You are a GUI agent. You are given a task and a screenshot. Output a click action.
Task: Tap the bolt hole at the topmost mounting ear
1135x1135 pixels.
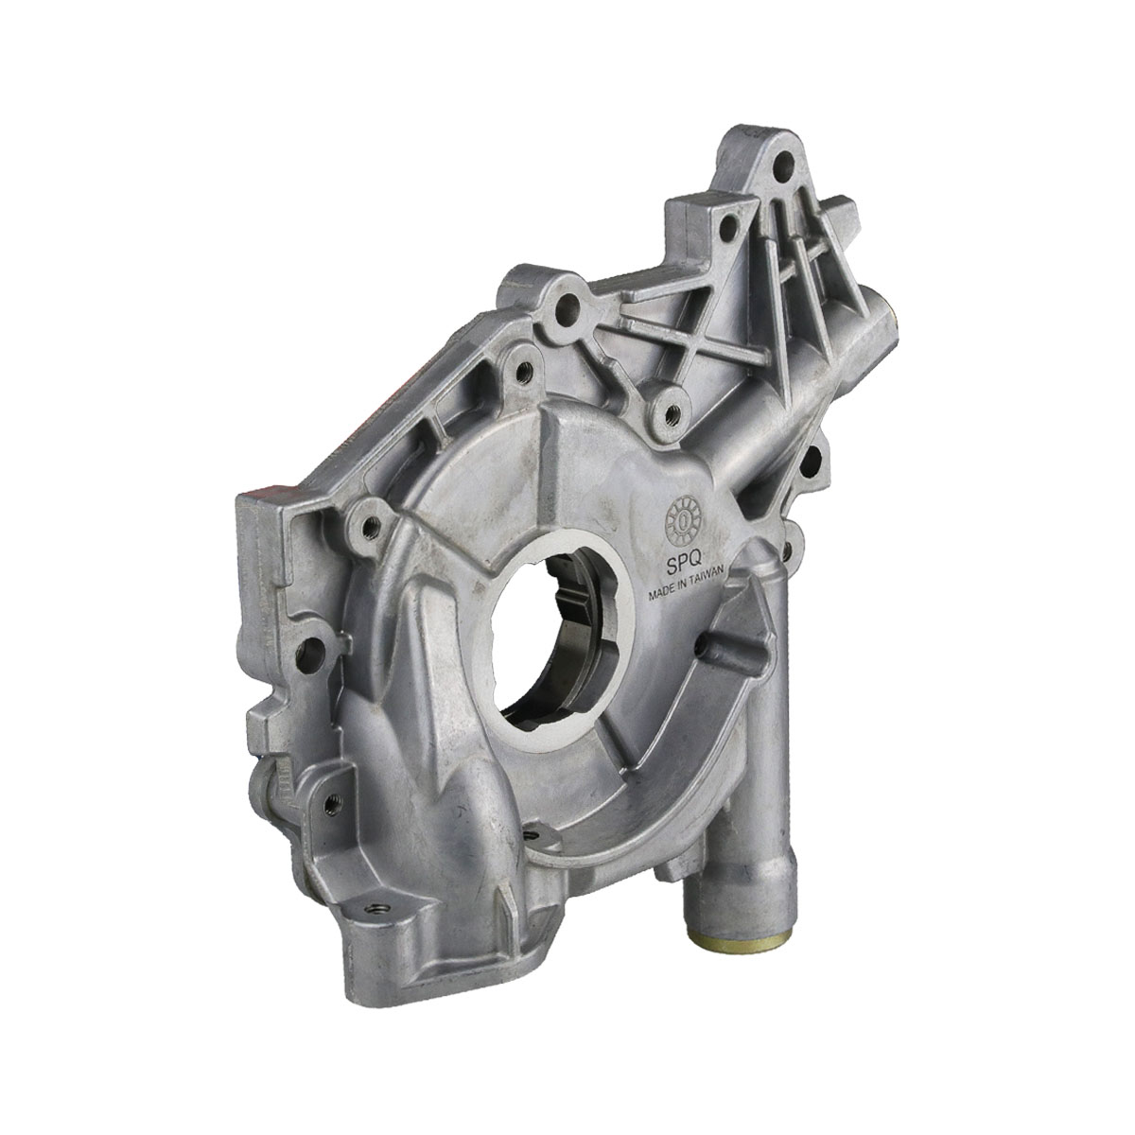pyautogui.click(x=783, y=162)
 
